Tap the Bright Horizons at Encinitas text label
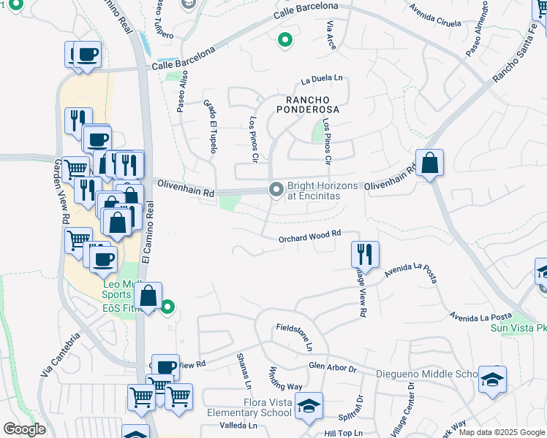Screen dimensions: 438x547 (x=322, y=191)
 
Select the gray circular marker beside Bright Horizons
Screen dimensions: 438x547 (x=276, y=190)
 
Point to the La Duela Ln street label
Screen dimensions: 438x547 (x=322, y=78)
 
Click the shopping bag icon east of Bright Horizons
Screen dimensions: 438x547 (x=430, y=163)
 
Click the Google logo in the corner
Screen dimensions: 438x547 (x=24, y=429)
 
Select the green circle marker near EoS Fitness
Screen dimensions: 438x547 (x=167, y=307)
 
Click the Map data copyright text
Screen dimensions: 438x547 (x=502, y=432)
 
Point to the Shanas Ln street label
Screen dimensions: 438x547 (x=244, y=371)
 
